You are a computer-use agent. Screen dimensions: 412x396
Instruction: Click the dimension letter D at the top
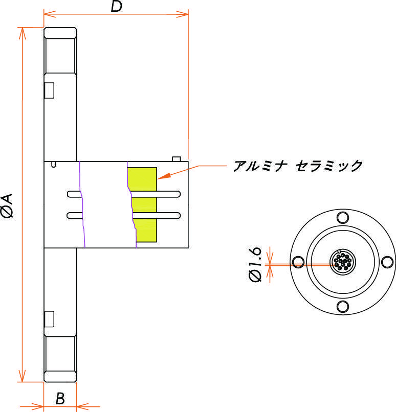117,7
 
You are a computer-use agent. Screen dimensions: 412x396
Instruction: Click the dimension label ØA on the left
9,205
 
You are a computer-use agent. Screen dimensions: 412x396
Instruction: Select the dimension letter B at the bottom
60,399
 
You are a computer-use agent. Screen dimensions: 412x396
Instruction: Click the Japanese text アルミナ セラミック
298,166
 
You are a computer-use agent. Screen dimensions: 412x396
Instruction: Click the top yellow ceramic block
142,178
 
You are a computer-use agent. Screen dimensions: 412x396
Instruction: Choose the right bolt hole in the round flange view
385,263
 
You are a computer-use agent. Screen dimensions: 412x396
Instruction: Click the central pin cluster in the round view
341,263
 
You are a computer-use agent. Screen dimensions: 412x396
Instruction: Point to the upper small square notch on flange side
50,90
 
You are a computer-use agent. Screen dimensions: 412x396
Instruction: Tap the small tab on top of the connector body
177,159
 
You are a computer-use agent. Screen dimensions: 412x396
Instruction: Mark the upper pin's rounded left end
69,194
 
